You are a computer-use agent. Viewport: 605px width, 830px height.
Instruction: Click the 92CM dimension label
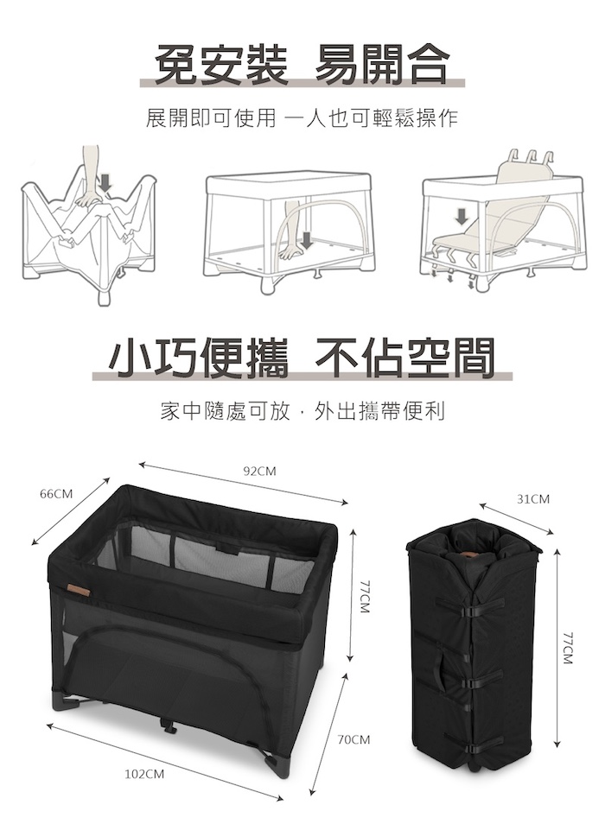tap(259, 471)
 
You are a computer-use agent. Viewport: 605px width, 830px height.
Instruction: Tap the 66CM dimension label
tap(56, 494)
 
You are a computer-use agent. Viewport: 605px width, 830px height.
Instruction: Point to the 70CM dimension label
tap(353, 739)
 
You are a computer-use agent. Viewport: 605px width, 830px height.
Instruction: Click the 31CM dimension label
tap(533, 499)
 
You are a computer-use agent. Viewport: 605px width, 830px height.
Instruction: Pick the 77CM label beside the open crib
tap(364, 597)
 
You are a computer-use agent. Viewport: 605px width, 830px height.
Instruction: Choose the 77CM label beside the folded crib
tap(568, 648)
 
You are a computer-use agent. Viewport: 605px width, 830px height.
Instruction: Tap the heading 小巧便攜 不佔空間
tap(302, 358)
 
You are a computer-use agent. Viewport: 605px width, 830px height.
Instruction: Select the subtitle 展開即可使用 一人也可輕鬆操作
tap(302, 118)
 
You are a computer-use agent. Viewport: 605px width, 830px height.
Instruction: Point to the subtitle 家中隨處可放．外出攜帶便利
tap(302, 411)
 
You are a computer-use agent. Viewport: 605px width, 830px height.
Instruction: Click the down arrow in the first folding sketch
tap(106, 182)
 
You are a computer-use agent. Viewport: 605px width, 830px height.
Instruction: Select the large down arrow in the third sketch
tap(462, 216)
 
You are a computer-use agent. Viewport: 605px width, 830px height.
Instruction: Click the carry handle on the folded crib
tap(439, 669)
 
